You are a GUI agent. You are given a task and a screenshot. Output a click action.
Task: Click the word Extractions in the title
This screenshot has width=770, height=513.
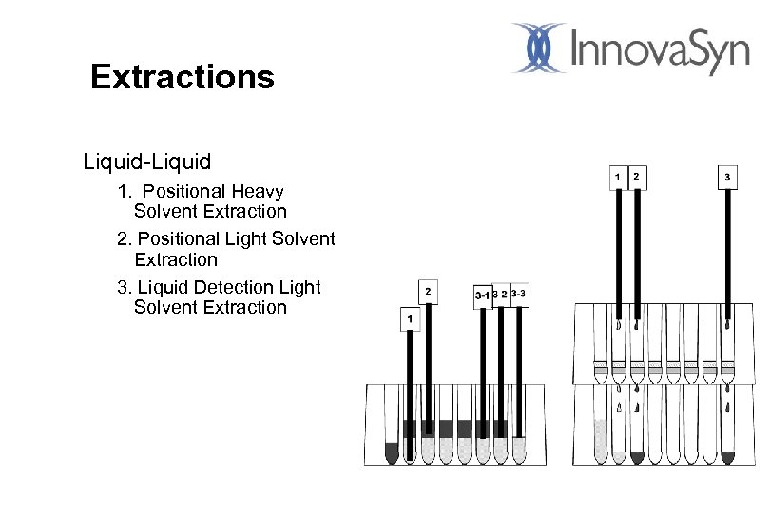tap(182, 77)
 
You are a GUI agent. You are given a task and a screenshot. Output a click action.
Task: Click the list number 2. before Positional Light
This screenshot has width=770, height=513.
tap(124, 239)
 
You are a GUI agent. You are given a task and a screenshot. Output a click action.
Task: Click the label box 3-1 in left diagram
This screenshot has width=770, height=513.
tap(482, 296)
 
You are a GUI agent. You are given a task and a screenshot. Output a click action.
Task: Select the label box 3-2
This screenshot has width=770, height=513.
tap(499, 296)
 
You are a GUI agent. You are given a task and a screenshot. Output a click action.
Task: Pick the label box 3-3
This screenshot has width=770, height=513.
tap(518, 294)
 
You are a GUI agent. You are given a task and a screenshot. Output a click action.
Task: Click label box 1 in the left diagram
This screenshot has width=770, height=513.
tap(410, 320)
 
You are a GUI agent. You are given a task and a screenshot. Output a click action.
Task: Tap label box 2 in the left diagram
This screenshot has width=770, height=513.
tap(428, 291)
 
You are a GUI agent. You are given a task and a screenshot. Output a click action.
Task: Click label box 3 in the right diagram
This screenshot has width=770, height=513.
tap(727, 177)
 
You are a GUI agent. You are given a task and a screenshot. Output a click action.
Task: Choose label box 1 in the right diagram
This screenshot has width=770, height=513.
tap(618, 177)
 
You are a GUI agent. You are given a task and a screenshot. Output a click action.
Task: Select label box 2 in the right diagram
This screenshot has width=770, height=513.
tap(636, 177)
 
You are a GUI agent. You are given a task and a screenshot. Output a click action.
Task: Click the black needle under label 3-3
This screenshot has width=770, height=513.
tap(519, 370)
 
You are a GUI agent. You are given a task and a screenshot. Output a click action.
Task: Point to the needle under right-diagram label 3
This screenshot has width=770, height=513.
tap(727, 256)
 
